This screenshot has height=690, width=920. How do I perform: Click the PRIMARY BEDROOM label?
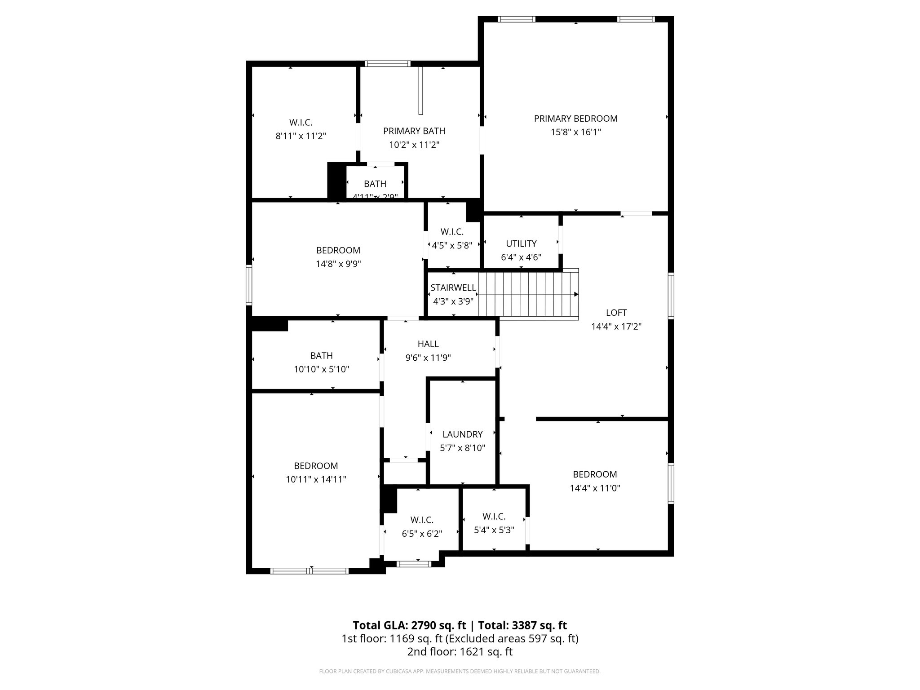pyautogui.click(x=575, y=119)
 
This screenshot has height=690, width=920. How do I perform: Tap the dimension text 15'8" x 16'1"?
pyautogui.click(x=575, y=133)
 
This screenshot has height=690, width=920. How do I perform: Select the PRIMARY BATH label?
pyautogui.click(x=414, y=131)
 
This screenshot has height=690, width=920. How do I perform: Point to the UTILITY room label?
pyautogui.click(x=521, y=243)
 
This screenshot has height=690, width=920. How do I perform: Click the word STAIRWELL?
pyautogui.click(x=453, y=288)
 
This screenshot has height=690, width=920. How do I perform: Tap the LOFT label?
pyautogui.click(x=616, y=313)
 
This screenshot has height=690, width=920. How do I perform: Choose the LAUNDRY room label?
pyautogui.click(x=462, y=434)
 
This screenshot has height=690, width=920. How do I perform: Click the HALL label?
pyautogui.click(x=428, y=344)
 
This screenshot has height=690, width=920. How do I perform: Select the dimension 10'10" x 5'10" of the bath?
pyautogui.click(x=322, y=370)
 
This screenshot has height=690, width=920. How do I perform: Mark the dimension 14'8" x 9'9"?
pyautogui.click(x=338, y=264)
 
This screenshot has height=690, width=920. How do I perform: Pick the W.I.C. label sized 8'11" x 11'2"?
pyautogui.click(x=301, y=123)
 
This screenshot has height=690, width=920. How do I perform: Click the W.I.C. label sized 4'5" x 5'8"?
pyautogui.click(x=452, y=232)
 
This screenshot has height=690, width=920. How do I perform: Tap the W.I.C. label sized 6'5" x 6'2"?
pyautogui.click(x=422, y=520)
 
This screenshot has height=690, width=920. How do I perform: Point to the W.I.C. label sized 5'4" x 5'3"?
pyautogui.click(x=494, y=517)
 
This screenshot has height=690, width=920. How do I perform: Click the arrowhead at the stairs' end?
pyautogui.click(x=576, y=295)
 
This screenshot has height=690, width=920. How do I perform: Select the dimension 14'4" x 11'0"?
pyautogui.click(x=595, y=488)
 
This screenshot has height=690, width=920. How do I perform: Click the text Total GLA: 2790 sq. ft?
pyautogui.click(x=409, y=625)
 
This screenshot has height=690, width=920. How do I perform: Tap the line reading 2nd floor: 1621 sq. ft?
pyautogui.click(x=460, y=652)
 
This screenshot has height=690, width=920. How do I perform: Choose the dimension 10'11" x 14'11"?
pyautogui.click(x=316, y=480)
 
